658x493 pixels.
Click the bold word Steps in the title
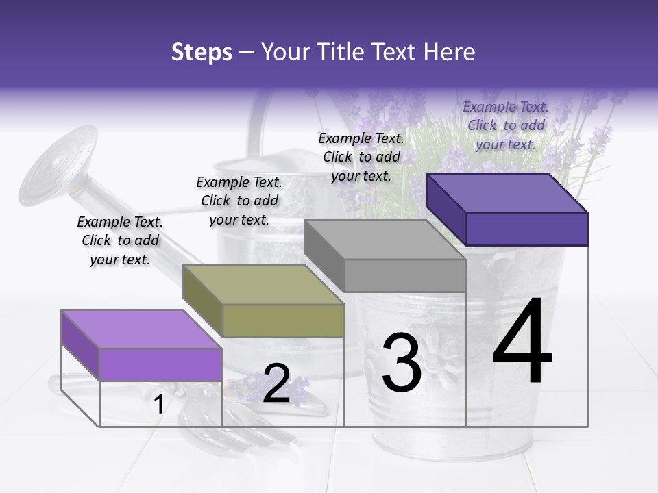pyautogui.click(x=201, y=52)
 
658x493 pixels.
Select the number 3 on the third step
pyautogui.click(x=402, y=363)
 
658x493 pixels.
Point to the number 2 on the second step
pyautogui.click(x=276, y=383)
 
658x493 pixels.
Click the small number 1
pyautogui.click(x=158, y=405)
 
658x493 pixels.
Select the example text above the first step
pyautogui.click(x=121, y=240)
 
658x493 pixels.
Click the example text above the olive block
pyautogui.click(x=239, y=201)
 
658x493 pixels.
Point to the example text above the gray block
pyautogui.click(x=361, y=157)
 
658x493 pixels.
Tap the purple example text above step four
pyautogui.click(x=507, y=125)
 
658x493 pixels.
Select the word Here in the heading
pyautogui.click(x=450, y=52)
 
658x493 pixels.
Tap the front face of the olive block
pyautogui.click(x=283, y=320)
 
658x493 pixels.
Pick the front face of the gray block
pyautogui.click(x=404, y=275)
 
